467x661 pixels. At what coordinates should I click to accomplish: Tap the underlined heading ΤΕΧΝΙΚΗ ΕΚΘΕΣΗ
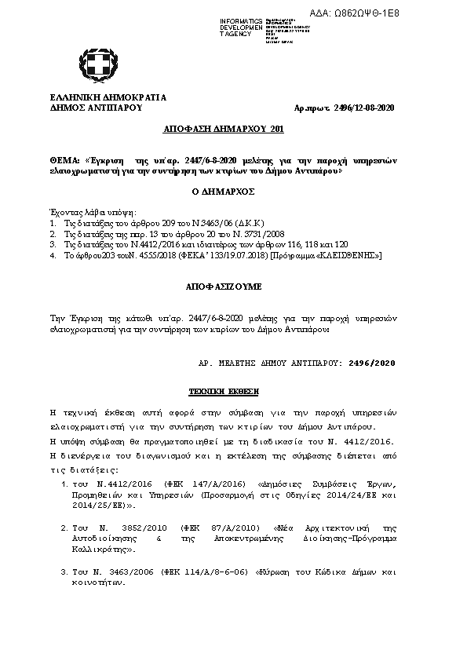[x=223, y=390]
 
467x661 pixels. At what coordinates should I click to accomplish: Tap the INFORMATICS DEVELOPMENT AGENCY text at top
[x=241, y=27]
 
